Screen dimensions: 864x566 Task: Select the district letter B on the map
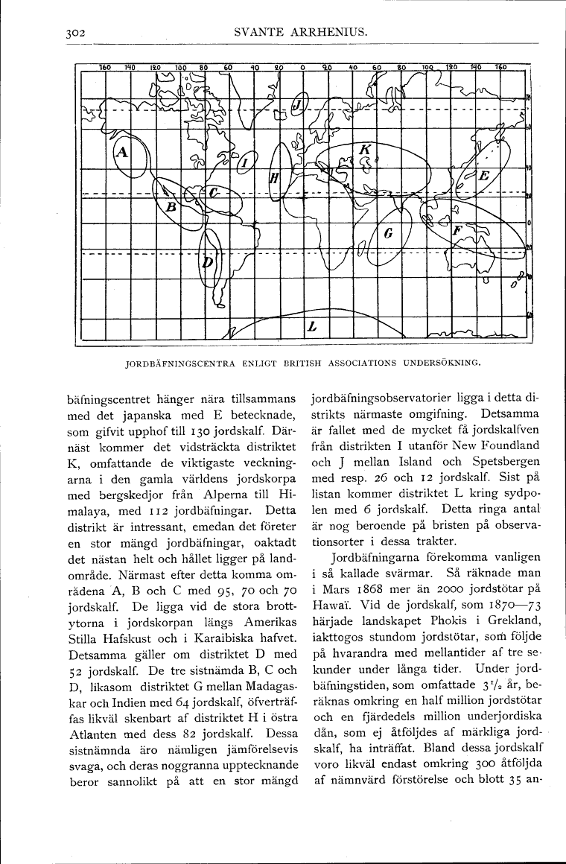point(170,206)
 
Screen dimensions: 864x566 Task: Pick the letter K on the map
point(365,150)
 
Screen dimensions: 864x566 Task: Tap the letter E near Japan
point(483,177)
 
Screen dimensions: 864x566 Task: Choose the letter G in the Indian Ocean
point(388,233)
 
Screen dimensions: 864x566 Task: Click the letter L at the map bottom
point(313,326)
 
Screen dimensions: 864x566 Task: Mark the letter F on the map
point(457,231)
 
